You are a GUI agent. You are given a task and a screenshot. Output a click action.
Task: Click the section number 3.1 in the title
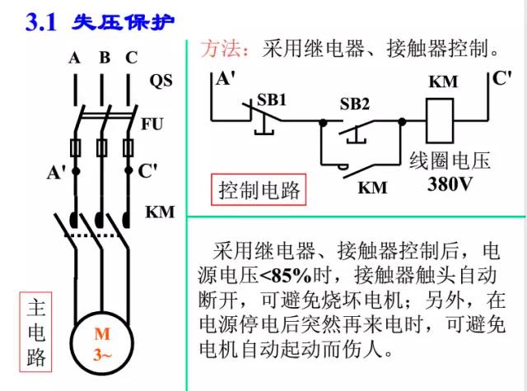point(40,22)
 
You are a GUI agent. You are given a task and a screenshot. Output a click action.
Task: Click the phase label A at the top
point(74,58)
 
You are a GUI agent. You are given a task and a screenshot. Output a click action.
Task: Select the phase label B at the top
point(104,58)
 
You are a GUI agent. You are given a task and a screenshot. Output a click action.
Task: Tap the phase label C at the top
point(131,58)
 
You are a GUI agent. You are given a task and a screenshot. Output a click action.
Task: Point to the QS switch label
point(161,81)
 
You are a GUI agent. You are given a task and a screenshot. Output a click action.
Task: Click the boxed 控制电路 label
point(258,190)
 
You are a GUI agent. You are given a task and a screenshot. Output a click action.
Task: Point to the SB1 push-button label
point(272,99)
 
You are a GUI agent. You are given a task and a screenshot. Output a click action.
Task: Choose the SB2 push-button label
point(355,104)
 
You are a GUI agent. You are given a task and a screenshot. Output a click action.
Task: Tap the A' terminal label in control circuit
point(224,80)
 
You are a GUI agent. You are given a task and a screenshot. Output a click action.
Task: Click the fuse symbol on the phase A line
point(75,148)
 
